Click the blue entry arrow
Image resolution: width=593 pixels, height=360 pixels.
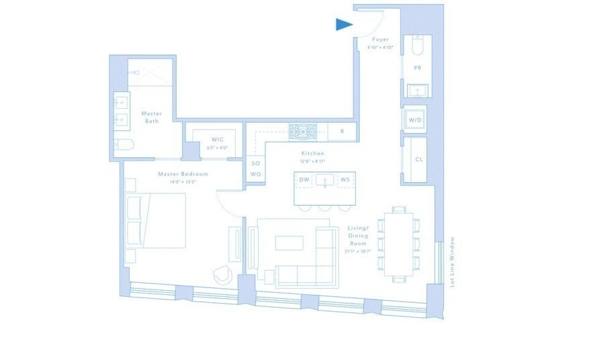click(x=343, y=25)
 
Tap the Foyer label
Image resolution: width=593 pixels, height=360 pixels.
click(x=381, y=40)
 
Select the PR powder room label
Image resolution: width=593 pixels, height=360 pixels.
click(x=417, y=68)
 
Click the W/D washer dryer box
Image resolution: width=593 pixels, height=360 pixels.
click(x=415, y=119)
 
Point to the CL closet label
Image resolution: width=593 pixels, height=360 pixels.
click(x=418, y=160)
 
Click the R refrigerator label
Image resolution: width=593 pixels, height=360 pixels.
click(x=342, y=132)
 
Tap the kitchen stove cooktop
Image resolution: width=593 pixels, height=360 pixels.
click(x=303, y=131)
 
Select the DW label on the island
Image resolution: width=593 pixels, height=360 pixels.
click(x=304, y=180)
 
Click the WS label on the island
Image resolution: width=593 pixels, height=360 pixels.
click(x=345, y=180)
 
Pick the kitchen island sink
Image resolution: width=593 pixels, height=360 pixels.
click(x=324, y=180)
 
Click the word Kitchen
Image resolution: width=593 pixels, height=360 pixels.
click(x=313, y=153)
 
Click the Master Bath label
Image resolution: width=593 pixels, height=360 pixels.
click(x=152, y=117)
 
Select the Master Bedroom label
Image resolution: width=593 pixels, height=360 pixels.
click(x=183, y=174)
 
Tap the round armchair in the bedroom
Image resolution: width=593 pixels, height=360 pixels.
click(x=222, y=275)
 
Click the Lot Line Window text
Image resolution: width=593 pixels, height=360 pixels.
click(x=452, y=262)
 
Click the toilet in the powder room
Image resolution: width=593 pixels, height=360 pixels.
click(x=416, y=47)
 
